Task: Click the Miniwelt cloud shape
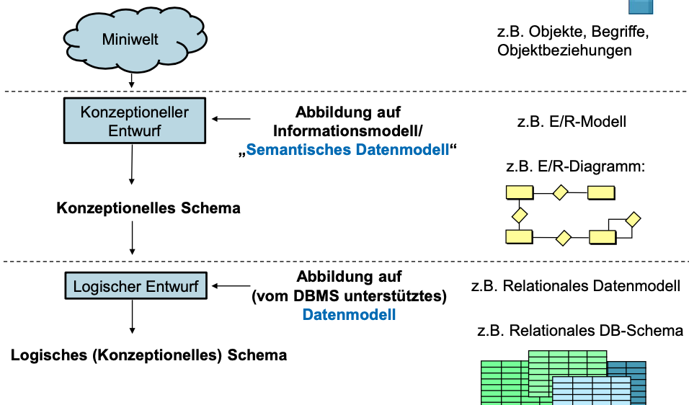pyautogui.click(x=135, y=40)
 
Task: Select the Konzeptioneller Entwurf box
pyautogui.click(x=135, y=120)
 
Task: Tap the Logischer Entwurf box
pyautogui.click(x=135, y=285)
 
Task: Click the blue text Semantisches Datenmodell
pyautogui.click(x=347, y=150)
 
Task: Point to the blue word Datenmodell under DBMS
pyautogui.click(x=349, y=314)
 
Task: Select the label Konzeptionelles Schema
pyautogui.click(x=148, y=208)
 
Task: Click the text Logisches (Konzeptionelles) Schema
pyautogui.click(x=148, y=355)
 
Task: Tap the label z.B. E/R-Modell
pyautogui.click(x=572, y=121)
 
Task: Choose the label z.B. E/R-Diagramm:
pyautogui.click(x=576, y=166)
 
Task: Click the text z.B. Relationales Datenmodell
pyautogui.click(x=576, y=285)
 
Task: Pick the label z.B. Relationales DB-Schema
pyautogui.click(x=580, y=330)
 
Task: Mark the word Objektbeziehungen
pyautogui.click(x=564, y=50)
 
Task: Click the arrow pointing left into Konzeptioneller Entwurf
pyautogui.click(x=231, y=119)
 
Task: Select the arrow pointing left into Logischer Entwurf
pyautogui.click(x=231, y=286)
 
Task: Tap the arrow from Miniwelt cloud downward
pyautogui.click(x=131, y=80)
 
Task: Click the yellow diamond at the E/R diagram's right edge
pyautogui.click(x=633, y=219)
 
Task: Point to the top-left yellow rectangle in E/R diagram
pyautogui.click(x=520, y=192)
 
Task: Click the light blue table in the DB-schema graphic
pyautogui.click(x=592, y=391)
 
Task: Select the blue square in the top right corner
pyautogui.click(x=641, y=6)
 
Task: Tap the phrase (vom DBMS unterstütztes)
pyautogui.click(x=349, y=295)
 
